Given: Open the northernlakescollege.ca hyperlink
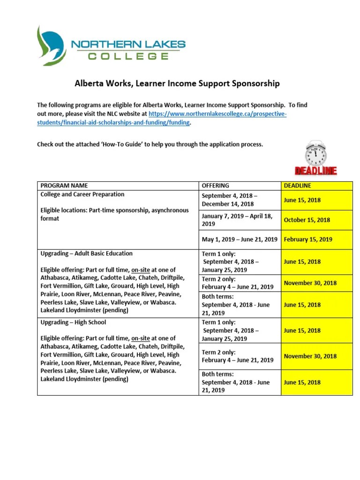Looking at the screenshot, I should point(217,114).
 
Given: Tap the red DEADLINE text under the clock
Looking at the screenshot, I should point(315,171).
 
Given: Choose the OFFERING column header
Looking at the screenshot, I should point(215,186).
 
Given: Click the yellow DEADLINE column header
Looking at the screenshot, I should point(297,186).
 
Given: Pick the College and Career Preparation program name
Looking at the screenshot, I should point(82,194).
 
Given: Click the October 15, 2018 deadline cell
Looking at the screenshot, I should point(307,220).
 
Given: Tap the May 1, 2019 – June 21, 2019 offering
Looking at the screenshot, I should point(240,239).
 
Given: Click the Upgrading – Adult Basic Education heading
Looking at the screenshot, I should point(87,254).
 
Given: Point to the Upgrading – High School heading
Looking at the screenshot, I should point(74,322).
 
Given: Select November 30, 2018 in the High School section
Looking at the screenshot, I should point(310,356).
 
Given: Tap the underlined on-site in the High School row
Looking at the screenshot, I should point(141,338).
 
